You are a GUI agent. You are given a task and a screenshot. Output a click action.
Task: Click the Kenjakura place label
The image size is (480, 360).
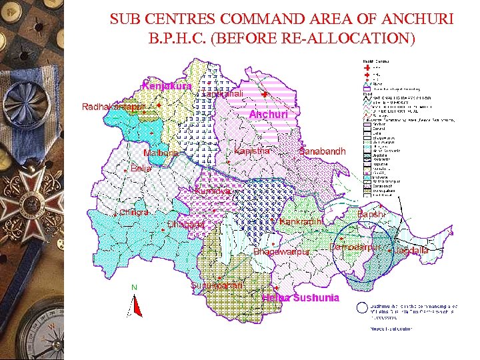click(x=167, y=86)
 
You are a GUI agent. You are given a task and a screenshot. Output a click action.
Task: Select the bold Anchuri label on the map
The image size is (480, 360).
click(x=268, y=115)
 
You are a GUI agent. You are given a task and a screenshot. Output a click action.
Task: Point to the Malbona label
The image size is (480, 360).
click(x=161, y=153)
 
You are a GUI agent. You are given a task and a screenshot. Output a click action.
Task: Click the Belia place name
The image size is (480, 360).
click(x=141, y=169)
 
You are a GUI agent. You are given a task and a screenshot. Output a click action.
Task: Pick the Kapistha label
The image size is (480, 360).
click(x=253, y=151)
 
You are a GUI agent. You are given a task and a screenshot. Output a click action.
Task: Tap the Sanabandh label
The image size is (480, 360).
click(x=323, y=151)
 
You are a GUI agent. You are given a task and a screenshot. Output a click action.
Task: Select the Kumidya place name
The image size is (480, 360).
click(x=213, y=191)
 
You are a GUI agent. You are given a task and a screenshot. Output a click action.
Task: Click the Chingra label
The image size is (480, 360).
click(x=134, y=212)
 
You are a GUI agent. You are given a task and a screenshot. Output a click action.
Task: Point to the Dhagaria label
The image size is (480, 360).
click(x=185, y=225)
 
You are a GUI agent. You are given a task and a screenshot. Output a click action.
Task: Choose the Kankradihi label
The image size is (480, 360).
click(x=301, y=221)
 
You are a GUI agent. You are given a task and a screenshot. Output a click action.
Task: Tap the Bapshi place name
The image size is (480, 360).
click(x=371, y=214)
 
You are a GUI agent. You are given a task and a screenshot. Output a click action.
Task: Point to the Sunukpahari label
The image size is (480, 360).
click(x=217, y=285)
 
